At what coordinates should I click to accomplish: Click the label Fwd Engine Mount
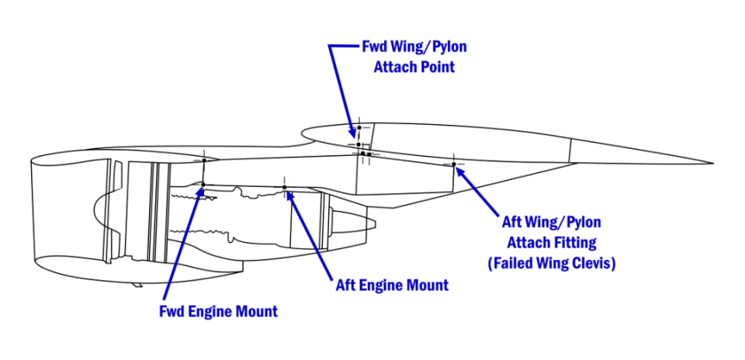point(218,312)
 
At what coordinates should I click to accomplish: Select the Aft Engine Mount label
point(392,285)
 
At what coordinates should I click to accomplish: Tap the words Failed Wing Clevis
point(553,263)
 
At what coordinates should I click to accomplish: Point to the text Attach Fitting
point(552,243)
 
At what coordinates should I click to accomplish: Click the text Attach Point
point(414,67)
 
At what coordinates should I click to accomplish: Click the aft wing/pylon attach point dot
point(454,164)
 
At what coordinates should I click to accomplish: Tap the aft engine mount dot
point(285,187)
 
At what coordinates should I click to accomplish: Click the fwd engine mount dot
point(203,185)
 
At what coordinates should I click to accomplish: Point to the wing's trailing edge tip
point(712,163)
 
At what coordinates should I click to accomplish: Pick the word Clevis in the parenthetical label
point(594,263)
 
